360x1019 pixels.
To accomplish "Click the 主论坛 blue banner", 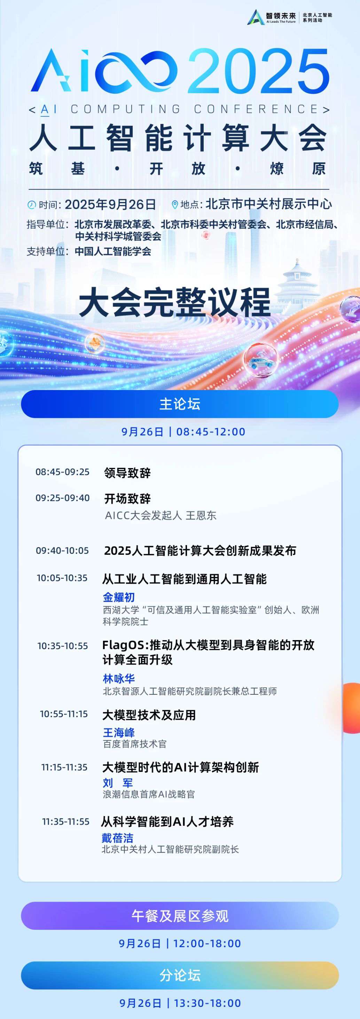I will [x=180, y=404].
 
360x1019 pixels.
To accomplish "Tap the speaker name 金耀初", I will [x=119, y=597].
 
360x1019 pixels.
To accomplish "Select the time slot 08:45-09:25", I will [x=63, y=472].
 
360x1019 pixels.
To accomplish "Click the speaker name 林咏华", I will [x=119, y=678].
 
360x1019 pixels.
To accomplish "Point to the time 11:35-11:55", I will [x=66, y=822].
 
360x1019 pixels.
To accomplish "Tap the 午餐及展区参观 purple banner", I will [x=180, y=916].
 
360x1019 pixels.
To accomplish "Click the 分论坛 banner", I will [x=180, y=975].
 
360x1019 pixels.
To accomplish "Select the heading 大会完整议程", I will [x=174, y=303].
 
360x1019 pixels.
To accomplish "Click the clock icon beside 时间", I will [x=31, y=204].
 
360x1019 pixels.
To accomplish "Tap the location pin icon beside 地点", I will [x=174, y=204].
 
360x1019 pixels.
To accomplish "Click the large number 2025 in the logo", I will [x=259, y=71].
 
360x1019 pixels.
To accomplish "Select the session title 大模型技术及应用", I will [x=149, y=715].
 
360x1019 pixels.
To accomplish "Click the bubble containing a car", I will [x=261, y=360].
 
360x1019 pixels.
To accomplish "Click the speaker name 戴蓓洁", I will [x=117, y=838].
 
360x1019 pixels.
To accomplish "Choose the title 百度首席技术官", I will [x=134, y=744].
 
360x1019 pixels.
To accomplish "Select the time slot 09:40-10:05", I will [x=63, y=550].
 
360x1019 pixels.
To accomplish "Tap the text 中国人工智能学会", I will [x=113, y=251].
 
